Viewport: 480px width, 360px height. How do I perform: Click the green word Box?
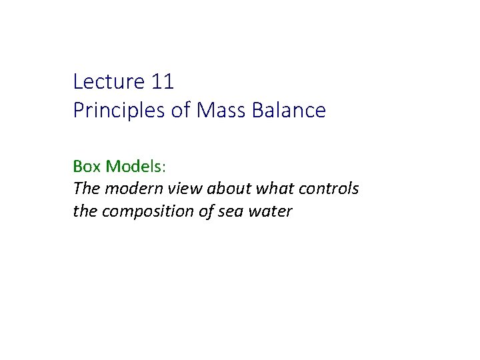point(87,165)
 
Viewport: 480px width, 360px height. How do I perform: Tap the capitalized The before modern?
point(85,189)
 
